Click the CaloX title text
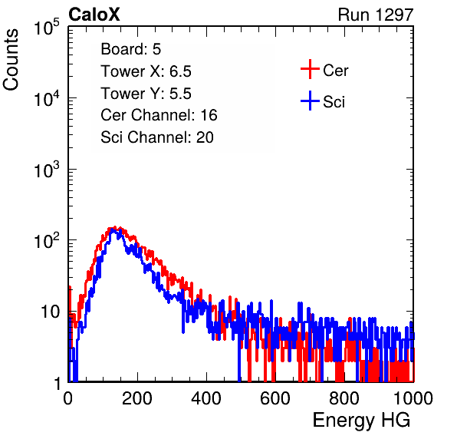(94, 15)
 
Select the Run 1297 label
(376, 15)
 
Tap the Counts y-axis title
(11, 60)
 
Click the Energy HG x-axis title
(361, 421)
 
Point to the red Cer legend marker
(310, 69)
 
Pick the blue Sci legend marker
(310, 101)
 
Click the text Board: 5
(131, 49)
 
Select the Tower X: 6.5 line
(146, 71)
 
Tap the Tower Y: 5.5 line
(146, 94)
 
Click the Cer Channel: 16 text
(159, 115)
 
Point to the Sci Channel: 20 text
(157, 137)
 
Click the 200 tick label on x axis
(137, 398)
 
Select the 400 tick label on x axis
(206, 398)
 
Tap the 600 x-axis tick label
(275, 398)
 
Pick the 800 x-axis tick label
(344, 398)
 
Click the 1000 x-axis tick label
(413, 398)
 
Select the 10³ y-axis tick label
(47, 169)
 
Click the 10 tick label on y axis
(50, 312)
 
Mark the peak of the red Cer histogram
(115, 227)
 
